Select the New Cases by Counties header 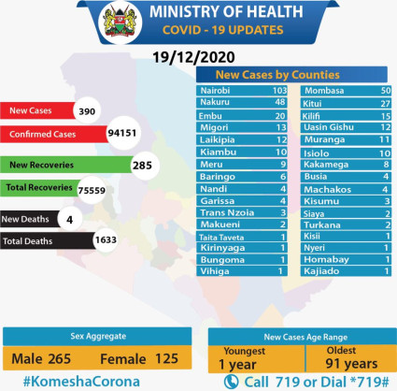[290, 74]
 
